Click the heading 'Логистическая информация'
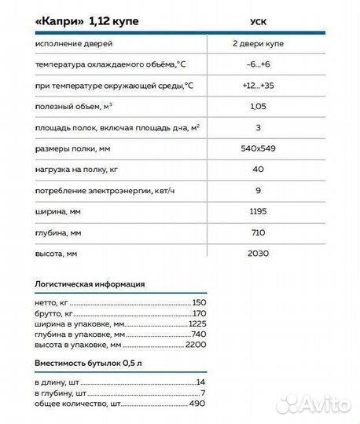[90, 284]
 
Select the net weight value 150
[198, 302]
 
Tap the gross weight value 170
[198, 313]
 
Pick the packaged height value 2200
[195, 345]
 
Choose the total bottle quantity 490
[197, 403]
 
